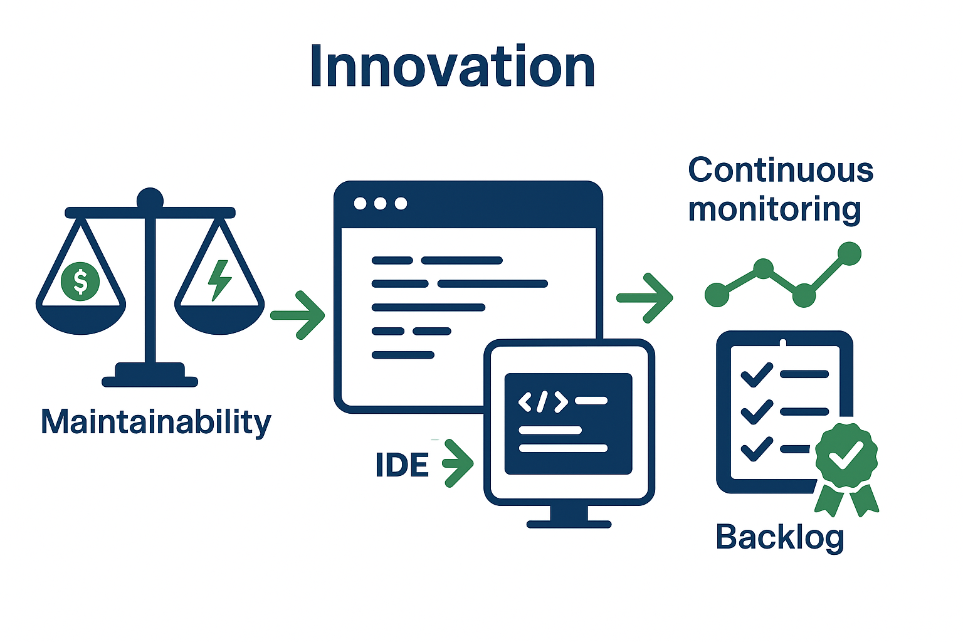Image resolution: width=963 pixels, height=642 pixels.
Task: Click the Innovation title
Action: click(x=452, y=67)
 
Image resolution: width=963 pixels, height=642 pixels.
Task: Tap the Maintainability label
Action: click(x=155, y=422)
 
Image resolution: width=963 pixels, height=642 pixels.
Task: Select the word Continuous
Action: click(x=781, y=171)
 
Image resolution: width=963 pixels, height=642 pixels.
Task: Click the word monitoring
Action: click(x=774, y=209)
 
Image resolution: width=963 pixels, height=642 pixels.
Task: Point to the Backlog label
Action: click(x=780, y=537)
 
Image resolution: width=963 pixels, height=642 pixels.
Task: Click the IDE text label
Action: click(x=402, y=465)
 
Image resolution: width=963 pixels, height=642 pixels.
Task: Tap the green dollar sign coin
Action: click(x=80, y=281)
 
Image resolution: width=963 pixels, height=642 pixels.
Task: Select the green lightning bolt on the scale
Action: click(x=219, y=280)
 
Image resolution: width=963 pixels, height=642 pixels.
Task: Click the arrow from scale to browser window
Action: click(x=298, y=315)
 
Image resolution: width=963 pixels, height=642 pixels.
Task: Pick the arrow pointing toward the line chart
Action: click(x=645, y=298)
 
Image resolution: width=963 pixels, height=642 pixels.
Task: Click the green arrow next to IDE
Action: click(x=458, y=463)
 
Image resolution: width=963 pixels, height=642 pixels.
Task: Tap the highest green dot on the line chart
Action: click(x=850, y=254)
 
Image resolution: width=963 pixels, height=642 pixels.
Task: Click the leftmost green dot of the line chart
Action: click(x=717, y=295)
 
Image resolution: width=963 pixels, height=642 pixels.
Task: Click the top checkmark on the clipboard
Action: click(x=757, y=375)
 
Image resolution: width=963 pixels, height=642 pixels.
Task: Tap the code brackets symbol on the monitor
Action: click(x=543, y=401)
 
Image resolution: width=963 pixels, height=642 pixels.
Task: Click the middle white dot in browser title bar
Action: click(x=381, y=204)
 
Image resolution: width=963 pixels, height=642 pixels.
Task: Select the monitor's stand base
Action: click(x=569, y=524)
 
